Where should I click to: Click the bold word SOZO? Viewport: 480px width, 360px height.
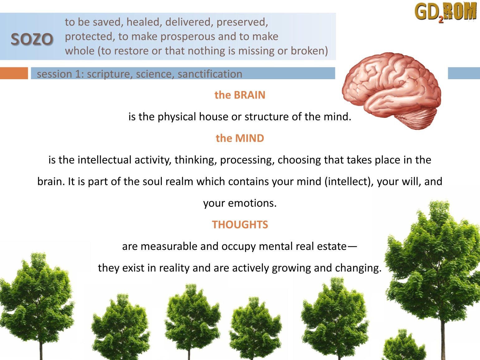tap(32, 39)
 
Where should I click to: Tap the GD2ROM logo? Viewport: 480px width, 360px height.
tap(445, 12)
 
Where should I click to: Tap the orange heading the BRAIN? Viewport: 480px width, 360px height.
tap(240, 95)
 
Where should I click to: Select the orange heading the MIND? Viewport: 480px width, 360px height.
tap(240, 138)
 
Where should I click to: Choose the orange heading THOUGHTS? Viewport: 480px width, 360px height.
tap(240, 225)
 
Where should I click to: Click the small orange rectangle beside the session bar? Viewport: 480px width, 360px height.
tap(14, 73)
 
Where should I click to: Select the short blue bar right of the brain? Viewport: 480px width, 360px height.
tap(464, 73)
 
